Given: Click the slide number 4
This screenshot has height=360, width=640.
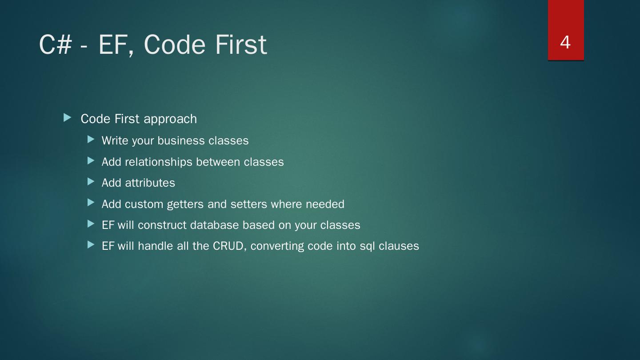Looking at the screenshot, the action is click(x=565, y=43).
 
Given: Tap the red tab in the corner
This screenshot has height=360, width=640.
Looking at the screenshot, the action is click(x=566, y=30).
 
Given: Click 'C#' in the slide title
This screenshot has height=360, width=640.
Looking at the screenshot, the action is click(x=56, y=44).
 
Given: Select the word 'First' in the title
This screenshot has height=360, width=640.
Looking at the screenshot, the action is click(x=241, y=44).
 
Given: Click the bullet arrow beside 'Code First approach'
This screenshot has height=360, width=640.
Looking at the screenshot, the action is click(x=67, y=117).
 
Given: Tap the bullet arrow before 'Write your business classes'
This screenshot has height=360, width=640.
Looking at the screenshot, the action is click(x=91, y=140).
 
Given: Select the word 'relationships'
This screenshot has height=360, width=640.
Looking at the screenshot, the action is click(x=159, y=162).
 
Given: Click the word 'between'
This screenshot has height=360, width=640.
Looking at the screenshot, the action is click(x=218, y=162).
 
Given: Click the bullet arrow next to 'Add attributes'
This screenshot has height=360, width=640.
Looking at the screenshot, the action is click(x=91, y=181).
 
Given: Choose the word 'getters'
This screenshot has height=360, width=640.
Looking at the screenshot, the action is click(x=185, y=204).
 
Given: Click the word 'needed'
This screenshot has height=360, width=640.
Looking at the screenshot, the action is click(x=325, y=204).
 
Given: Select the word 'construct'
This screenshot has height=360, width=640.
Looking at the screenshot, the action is click(x=162, y=225).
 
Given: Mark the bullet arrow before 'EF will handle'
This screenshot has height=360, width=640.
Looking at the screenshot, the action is click(x=91, y=244).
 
